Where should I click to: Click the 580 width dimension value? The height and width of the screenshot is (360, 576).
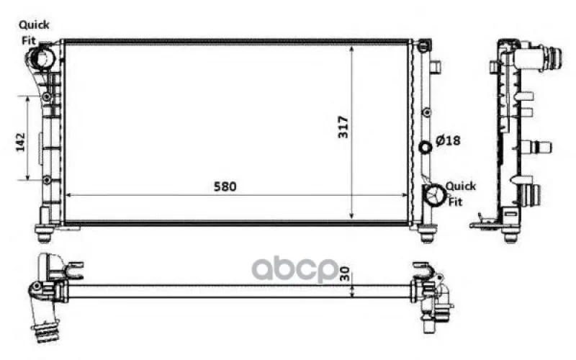point(225,186)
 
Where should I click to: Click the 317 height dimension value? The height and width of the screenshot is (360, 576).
point(343,127)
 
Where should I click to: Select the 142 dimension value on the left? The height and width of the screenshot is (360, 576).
point(21,142)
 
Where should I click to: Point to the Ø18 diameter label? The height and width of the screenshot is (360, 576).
point(448,140)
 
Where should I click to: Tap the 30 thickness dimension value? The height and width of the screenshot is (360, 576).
point(345,274)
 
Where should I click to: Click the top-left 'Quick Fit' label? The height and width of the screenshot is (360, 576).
point(33,32)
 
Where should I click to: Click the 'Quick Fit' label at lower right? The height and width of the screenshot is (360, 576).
point(460,194)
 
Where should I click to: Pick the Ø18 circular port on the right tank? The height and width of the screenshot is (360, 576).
point(426,148)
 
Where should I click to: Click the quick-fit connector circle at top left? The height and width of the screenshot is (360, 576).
point(40,59)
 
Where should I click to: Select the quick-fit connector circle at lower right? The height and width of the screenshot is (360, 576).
point(436,194)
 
